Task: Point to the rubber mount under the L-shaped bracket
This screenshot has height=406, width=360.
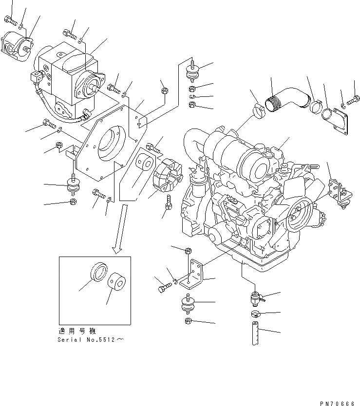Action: [188, 304]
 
